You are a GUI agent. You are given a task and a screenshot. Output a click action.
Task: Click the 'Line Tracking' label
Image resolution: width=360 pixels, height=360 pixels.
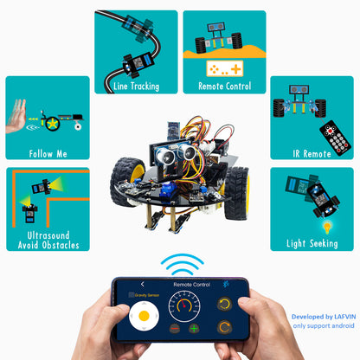coord(136,86)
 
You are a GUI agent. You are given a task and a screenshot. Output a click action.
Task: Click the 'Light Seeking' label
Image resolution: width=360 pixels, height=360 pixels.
coord(312,244)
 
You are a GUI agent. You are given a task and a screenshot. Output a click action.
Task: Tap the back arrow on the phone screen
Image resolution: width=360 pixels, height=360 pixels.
coord(142,283)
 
